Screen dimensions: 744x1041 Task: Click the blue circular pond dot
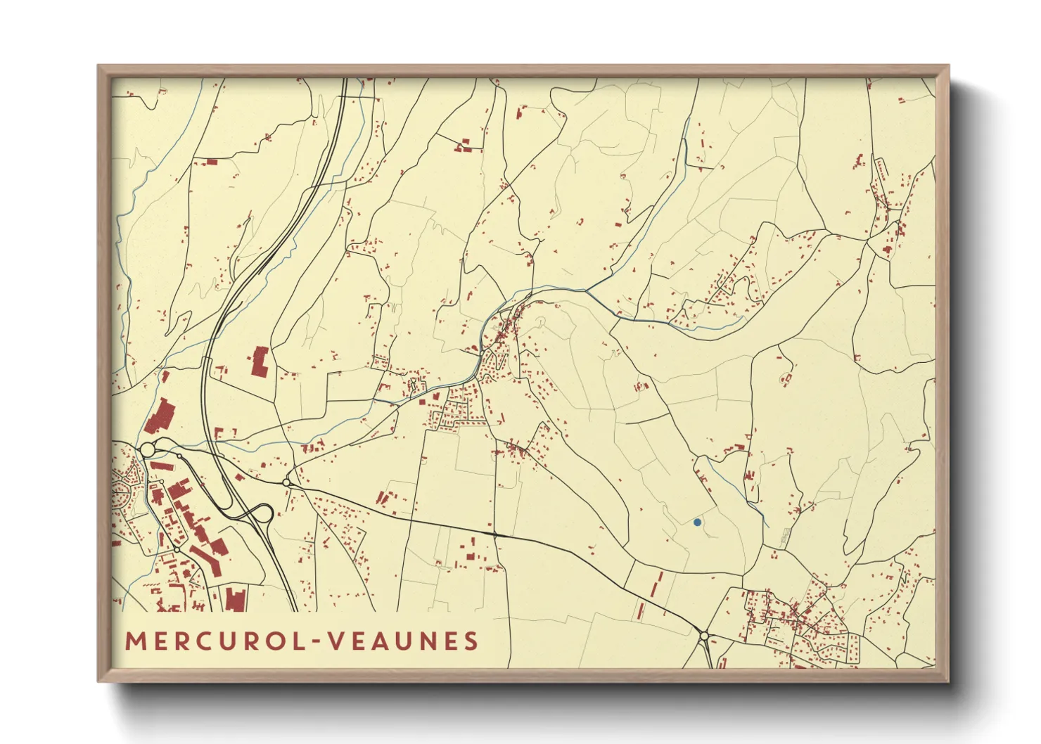click(696, 522)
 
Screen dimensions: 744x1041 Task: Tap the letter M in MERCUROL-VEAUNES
click(135, 641)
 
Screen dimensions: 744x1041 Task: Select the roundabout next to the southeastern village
click(703, 636)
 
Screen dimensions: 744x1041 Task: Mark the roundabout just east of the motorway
click(286, 482)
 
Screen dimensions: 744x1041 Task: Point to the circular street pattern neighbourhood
click(125, 485)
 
